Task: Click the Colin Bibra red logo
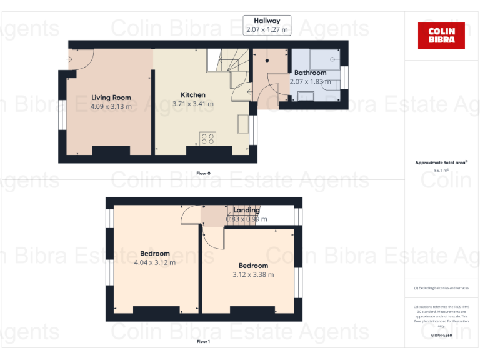[x=441, y=36]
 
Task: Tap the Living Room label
[x=111, y=97]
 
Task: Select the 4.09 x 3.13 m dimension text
[x=111, y=106]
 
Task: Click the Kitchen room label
[x=192, y=95]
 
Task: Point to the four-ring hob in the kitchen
[x=207, y=139]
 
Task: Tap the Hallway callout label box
[x=267, y=25]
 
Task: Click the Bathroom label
[x=311, y=73]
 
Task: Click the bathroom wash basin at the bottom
[x=306, y=96]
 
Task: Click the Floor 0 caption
[x=204, y=173]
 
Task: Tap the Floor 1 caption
[x=204, y=342]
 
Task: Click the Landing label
[x=247, y=211]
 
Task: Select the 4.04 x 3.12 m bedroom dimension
[x=155, y=262]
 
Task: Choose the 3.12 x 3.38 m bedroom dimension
[x=253, y=274]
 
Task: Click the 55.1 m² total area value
[x=441, y=169]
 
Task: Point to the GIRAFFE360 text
[x=441, y=336]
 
